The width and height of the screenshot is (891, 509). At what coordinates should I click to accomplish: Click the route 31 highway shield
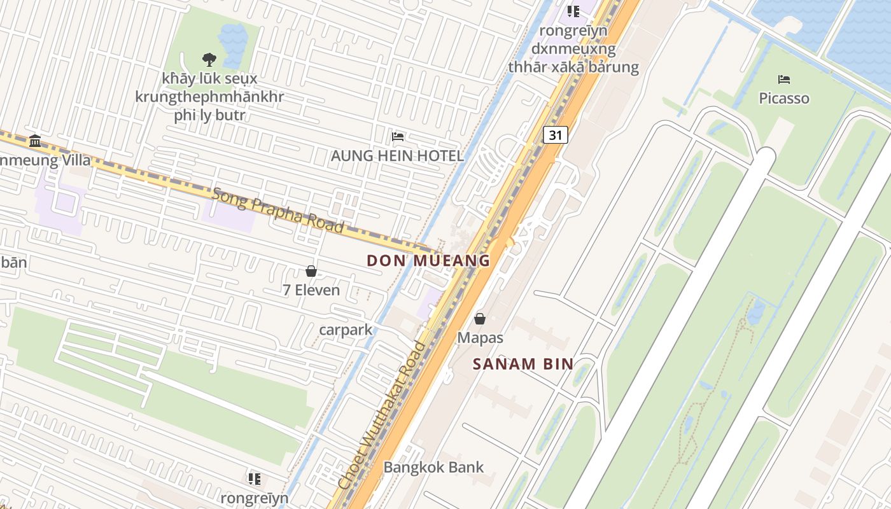click(556, 135)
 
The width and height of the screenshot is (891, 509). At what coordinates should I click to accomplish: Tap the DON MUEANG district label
click(428, 260)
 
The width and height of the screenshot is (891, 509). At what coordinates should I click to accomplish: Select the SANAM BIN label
click(523, 365)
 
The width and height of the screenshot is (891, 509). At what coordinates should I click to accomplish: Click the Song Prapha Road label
click(277, 209)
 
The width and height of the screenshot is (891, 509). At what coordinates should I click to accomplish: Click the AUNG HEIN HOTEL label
click(397, 156)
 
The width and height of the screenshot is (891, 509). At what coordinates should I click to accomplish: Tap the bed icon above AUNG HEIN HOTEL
click(398, 136)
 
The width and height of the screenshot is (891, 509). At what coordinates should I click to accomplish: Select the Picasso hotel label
click(784, 99)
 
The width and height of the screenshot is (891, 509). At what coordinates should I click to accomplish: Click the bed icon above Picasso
click(784, 80)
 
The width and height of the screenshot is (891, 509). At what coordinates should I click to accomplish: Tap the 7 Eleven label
click(311, 290)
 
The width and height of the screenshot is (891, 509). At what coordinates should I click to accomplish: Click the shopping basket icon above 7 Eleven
click(311, 271)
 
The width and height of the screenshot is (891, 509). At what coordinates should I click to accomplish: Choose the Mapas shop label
click(480, 338)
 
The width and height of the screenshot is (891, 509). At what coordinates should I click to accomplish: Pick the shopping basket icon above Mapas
click(480, 319)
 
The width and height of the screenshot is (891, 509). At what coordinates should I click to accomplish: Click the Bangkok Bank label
click(433, 467)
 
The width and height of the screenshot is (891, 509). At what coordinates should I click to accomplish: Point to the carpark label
click(346, 330)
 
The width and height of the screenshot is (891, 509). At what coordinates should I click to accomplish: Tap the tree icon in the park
click(209, 60)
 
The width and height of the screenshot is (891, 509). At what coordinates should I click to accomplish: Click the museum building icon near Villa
click(35, 141)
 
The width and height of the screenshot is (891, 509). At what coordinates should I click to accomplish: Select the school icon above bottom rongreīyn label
click(255, 478)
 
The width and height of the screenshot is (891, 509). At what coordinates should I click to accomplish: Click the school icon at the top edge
click(573, 11)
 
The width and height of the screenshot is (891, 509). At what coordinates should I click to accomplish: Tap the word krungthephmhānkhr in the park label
click(209, 97)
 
